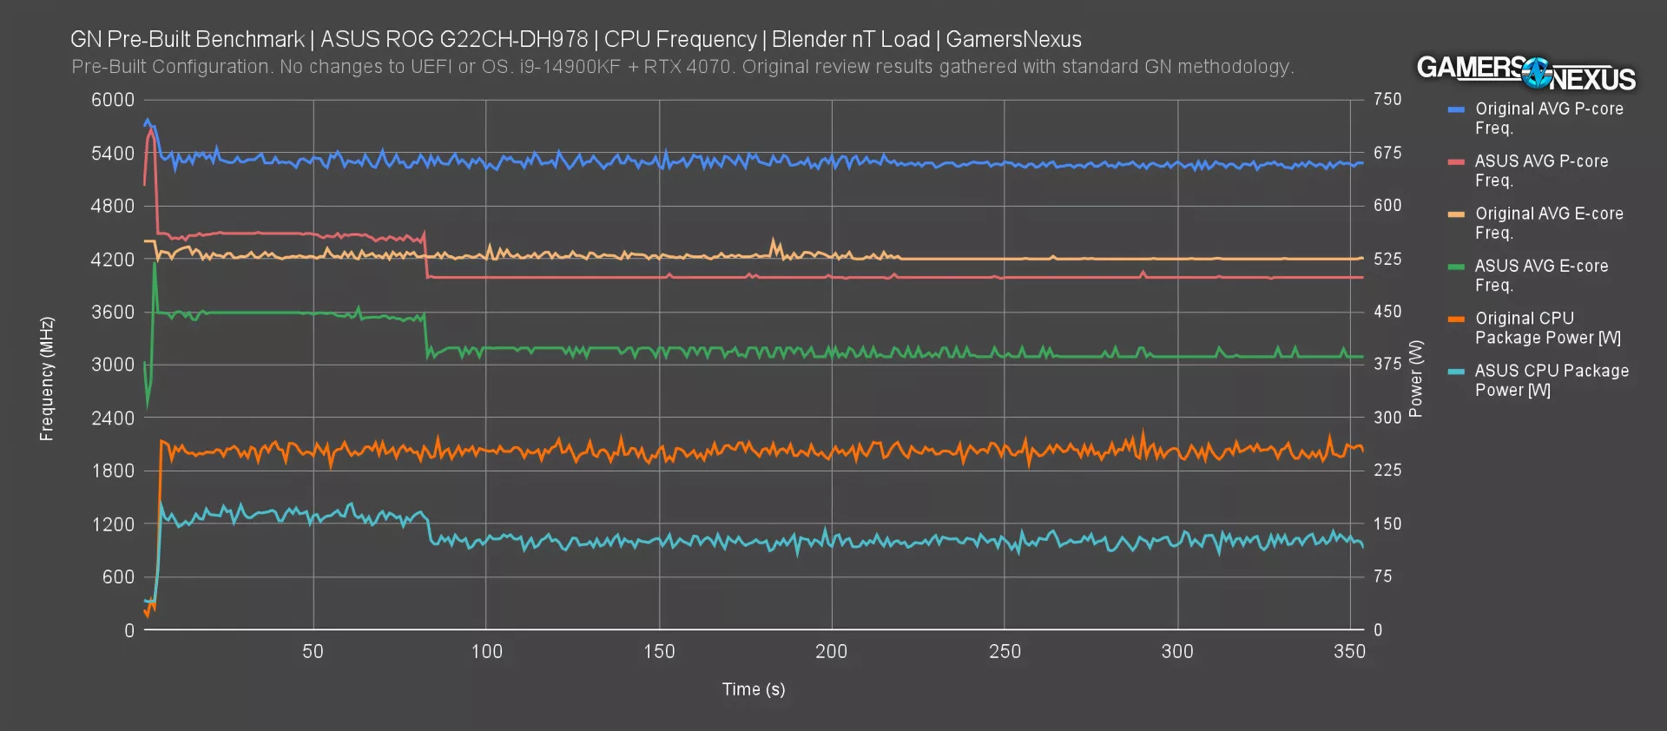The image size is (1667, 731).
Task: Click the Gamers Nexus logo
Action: pos(1525,73)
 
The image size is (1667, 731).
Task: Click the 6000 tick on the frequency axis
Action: pos(113,100)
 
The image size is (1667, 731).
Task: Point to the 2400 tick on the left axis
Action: pos(113,418)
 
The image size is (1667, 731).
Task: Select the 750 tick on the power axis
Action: pos(1387,100)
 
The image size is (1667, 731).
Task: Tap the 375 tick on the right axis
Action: pos(1387,364)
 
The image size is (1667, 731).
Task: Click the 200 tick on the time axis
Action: pos(831,652)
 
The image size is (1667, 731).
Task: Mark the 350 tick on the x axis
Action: pos(1349,652)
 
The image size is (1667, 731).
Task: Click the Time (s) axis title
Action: pos(753,689)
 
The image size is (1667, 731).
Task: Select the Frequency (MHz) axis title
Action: pos(47,379)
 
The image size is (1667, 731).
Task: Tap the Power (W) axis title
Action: pos(1416,379)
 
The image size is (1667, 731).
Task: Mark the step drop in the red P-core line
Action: pos(426,257)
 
